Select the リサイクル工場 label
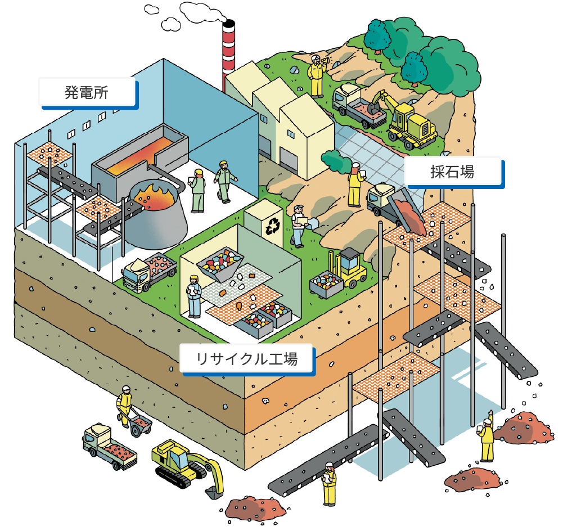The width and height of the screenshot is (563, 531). click(x=247, y=359)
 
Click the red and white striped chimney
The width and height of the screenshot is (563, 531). click(x=228, y=54)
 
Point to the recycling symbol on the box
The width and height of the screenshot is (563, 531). click(x=273, y=226)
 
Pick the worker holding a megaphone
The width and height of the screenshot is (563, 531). click(x=317, y=76)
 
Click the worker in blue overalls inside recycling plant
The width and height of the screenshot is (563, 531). click(x=194, y=296)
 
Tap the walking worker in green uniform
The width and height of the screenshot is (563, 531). click(x=224, y=181)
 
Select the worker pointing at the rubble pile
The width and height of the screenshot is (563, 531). click(x=486, y=436)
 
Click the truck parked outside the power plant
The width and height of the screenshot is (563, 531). click(x=149, y=272)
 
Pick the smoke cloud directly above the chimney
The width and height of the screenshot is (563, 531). click(x=203, y=11)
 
